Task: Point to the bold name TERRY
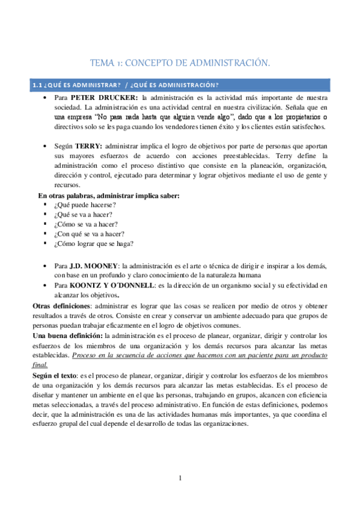(x=89, y=146)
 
